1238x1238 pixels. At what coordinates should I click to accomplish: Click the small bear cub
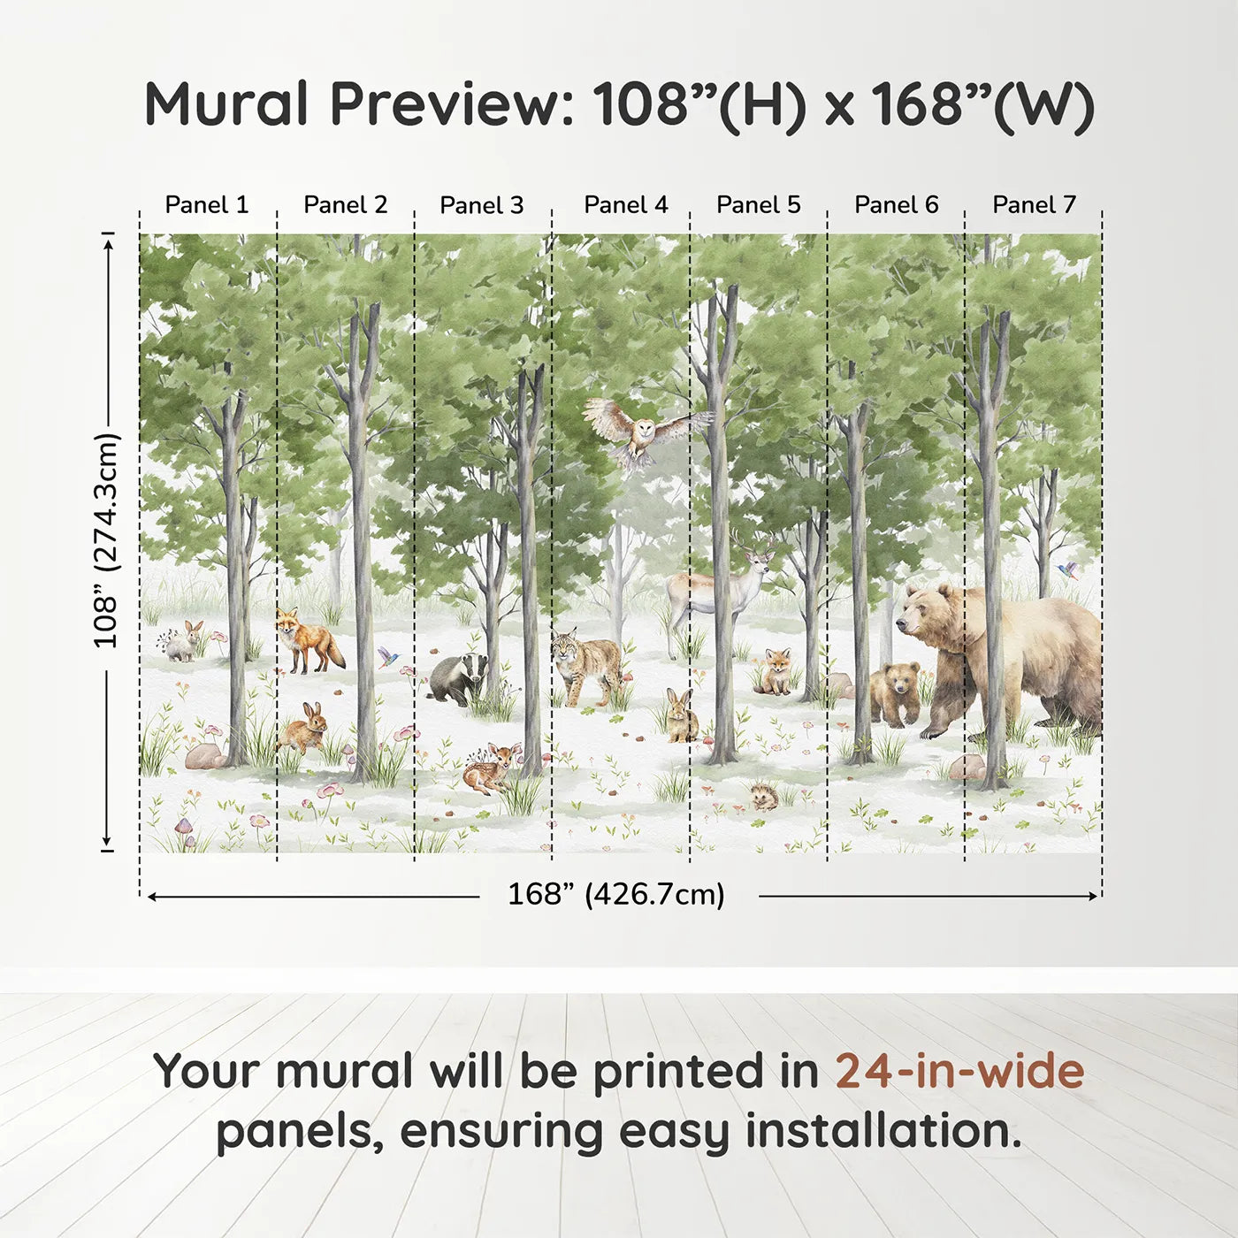(x=895, y=692)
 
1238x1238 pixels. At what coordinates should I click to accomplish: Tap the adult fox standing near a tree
(x=306, y=641)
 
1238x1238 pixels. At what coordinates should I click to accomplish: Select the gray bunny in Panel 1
(x=184, y=643)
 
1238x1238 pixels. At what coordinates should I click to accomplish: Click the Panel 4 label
(x=626, y=205)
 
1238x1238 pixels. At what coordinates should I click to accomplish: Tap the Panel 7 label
(x=1034, y=205)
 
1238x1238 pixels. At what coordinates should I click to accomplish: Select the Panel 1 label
(x=207, y=205)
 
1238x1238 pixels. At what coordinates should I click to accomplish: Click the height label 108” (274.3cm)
(x=106, y=540)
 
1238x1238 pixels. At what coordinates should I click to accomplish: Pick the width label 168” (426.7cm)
(x=616, y=895)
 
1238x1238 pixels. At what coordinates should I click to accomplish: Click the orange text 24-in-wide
(x=959, y=1071)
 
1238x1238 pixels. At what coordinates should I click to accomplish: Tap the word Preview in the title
(x=453, y=104)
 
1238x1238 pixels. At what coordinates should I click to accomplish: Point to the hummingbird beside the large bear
(x=1069, y=569)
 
